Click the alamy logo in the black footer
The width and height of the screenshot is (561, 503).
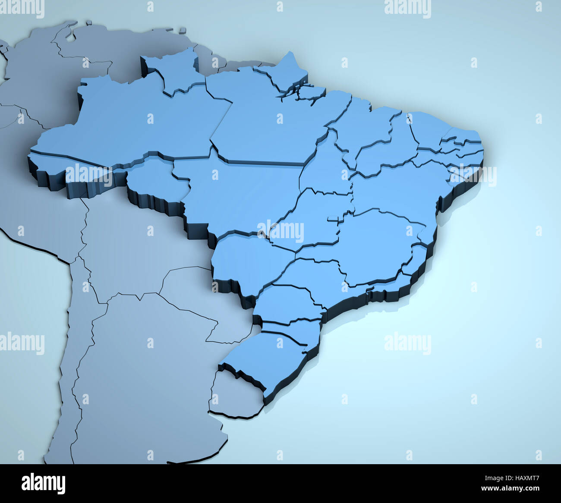coord(44,483)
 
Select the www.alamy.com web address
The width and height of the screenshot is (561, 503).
coord(511,489)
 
